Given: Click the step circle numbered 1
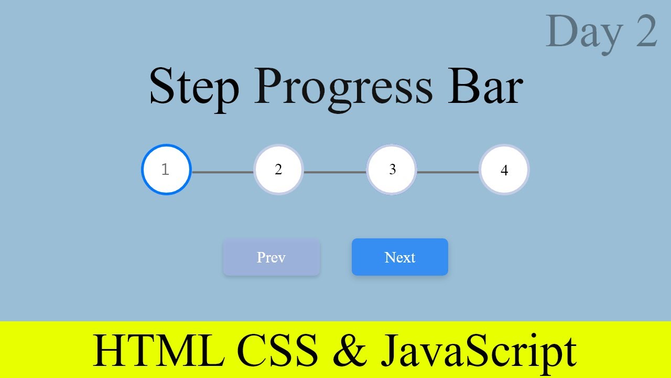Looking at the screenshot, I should click(166, 170).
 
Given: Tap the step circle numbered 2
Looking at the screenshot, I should click(278, 170).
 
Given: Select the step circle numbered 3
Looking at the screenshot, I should click(392, 170).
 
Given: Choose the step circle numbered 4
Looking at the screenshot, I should click(504, 170).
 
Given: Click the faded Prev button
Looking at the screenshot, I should click(271, 257).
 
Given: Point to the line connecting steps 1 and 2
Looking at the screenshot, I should click(222, 172).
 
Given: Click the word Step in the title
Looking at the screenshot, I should click(194, 87).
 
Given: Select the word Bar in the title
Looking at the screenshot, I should click(485, 87).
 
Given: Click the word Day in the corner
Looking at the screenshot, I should click(584, 33).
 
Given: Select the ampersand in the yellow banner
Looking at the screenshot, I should click(350, 351).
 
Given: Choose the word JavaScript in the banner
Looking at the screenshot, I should click(478, 351).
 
